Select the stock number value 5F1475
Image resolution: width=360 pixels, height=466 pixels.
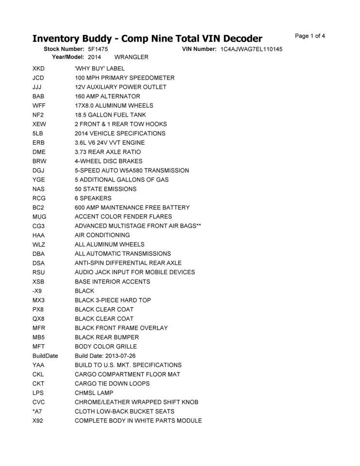click(98, 50)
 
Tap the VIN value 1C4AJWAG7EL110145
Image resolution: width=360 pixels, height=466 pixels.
click(251, 50)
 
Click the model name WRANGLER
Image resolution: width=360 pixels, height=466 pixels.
click(131, 57)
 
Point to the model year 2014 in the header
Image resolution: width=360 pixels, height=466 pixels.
click(95, 57)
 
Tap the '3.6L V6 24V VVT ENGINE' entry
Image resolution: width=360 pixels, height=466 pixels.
click(110, 143)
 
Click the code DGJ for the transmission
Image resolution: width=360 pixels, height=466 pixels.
click(38, 170)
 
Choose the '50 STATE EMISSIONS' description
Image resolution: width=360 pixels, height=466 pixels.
click(105, 189)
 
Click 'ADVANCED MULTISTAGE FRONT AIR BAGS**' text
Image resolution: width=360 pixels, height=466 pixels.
click(138, 226)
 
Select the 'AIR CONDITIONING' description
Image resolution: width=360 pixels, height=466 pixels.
click(102, 235)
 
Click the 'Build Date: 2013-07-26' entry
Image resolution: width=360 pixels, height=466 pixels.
click(105, 356)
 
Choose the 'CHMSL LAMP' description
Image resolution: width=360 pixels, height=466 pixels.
click(94, 393)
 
